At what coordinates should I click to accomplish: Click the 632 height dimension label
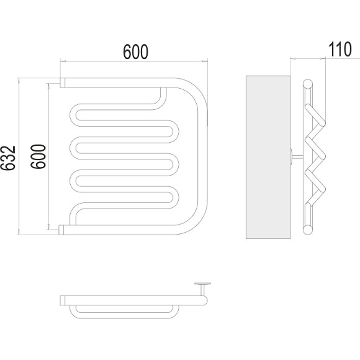coord(8,158)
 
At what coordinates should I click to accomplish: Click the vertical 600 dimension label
coord(38,156)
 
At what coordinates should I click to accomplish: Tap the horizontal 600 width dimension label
coord(136,52)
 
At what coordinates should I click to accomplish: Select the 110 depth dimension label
coord(340,49)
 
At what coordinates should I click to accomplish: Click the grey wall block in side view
coord(268,157)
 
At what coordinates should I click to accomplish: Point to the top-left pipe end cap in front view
coord(63,83)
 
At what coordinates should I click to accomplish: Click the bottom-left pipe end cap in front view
coord(61,230)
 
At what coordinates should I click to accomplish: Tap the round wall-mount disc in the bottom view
coord(203,284)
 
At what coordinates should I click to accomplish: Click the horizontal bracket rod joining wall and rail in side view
coord(297,157)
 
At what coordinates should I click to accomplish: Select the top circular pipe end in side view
coord(308,84)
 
